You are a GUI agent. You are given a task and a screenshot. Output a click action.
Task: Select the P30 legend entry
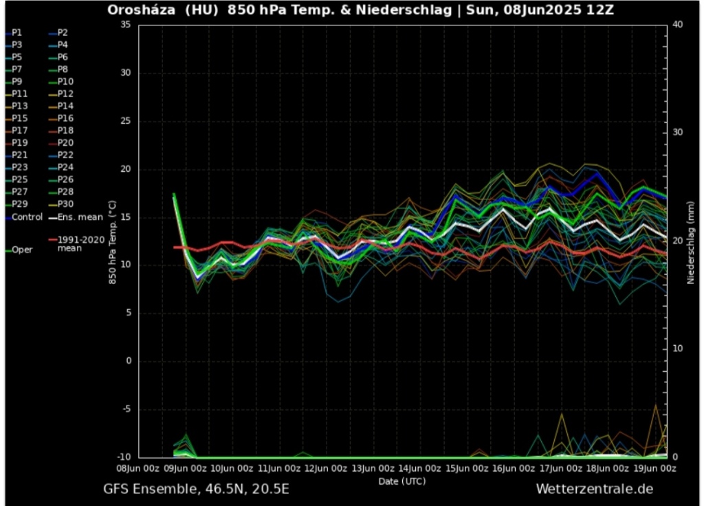[66, 204]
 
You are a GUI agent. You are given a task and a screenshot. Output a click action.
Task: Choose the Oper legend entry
[22, 250]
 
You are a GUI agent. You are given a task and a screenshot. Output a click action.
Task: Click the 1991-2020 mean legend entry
[80, 244]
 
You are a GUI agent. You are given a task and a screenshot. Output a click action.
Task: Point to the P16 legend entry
[66, 118]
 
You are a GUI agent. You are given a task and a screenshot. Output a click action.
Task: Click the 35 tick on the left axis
[125, 25]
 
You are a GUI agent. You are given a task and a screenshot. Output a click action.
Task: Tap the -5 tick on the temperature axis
[125, 409]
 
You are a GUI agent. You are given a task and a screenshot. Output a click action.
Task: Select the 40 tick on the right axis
[676, 25]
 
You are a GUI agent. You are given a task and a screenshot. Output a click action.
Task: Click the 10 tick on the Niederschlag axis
[676, 349]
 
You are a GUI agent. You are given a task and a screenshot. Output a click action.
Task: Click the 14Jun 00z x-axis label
[420, 468]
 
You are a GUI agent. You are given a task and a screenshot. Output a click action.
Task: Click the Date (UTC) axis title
[402, 481]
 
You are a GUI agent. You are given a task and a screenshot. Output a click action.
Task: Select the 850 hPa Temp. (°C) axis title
[113, 241]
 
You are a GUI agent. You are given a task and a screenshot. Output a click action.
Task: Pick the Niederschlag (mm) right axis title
[691, 241]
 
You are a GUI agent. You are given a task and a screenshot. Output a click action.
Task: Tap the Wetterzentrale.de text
[595, 489]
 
